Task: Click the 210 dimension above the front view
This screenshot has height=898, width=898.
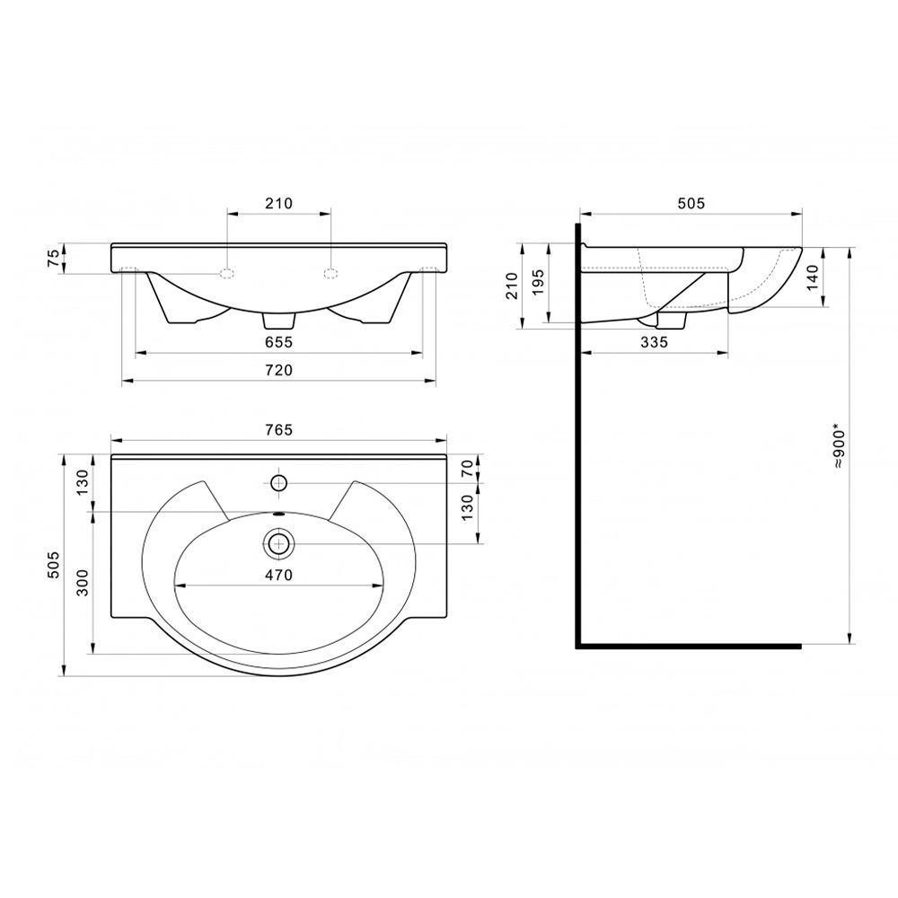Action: click(x=279, y=203)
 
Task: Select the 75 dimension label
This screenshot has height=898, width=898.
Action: click(x=53, y=258)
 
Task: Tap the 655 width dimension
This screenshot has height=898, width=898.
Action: click(x=279, y=342)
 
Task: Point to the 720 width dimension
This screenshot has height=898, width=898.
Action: click(x=279, y=371)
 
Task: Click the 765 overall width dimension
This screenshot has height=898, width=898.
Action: click(x=279, y=429)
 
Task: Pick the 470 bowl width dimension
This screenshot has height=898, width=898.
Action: click(x=279, y=575)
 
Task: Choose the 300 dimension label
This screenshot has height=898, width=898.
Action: click(x=83, y=583)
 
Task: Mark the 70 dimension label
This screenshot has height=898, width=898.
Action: click(x=468, y=469)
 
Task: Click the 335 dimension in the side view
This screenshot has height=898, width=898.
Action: click(x=654, y=342)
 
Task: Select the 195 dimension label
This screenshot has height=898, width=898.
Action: click(x=538, y=282)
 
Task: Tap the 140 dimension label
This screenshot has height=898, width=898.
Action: click(x=814, y=277)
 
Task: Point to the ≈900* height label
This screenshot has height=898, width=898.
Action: click(x=840, y=446)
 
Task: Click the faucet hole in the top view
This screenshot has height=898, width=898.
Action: click(x=279, y=483)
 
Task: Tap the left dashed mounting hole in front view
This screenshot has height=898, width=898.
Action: click(x=228, y=273)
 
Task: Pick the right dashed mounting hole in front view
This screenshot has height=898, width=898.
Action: click(x=330, y=273)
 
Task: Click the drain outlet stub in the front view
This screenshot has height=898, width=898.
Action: click(x=279, y=321)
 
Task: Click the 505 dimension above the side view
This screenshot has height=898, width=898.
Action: click(x=691, y=203)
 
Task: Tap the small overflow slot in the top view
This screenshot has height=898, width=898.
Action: click(x=279, y=514)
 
